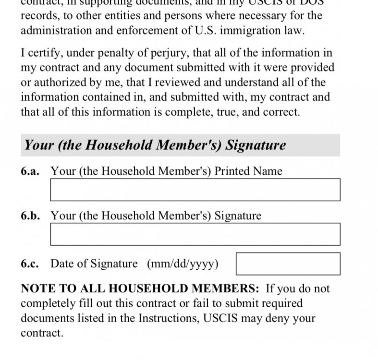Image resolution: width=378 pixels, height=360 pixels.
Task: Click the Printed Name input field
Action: point(195,190)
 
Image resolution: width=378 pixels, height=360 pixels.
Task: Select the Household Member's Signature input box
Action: point(195,234)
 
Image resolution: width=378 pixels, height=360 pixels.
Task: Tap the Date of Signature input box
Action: point(288,264)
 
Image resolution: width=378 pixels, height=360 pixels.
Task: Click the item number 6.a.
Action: point(30,171)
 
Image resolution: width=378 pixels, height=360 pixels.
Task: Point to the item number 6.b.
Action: point(30,216)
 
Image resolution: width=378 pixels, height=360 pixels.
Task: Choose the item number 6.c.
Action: point(30,264)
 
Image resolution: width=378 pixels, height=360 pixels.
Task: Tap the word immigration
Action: point(241,31)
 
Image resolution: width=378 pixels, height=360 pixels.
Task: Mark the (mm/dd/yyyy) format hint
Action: point(183,264)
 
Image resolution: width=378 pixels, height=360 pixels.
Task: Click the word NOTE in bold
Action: point(37,289)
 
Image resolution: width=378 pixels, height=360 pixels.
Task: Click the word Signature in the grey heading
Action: point(256,145)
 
